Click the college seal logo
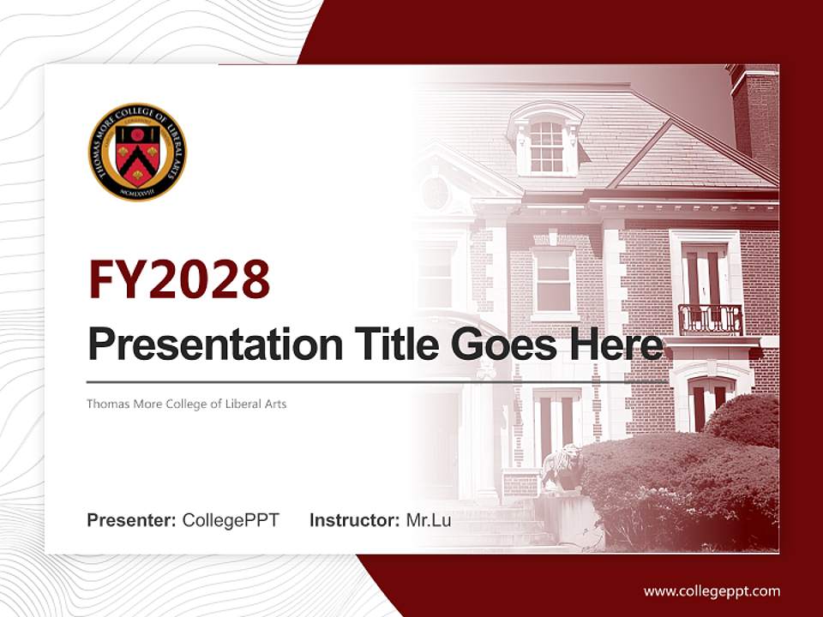tap(137, 152)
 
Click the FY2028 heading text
tap(178, 279)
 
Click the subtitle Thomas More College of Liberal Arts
tap(186, 404)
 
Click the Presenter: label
tap(131, 520)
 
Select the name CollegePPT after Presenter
tap(231, 520)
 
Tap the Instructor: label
tap(354, 520)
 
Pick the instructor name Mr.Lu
tap(428, 520)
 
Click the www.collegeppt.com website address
tap(712, 591)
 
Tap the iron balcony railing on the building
tap(710, 320)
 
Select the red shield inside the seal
tap(137, 155)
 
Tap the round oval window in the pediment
tap(436, 193)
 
